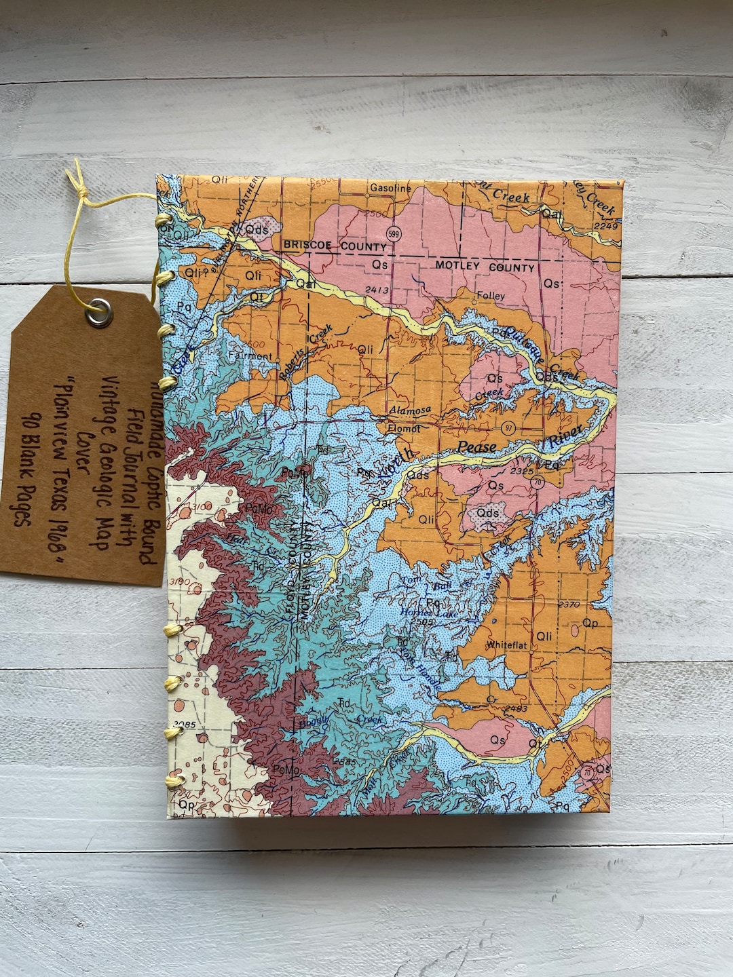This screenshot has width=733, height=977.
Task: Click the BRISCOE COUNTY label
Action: point(326,245)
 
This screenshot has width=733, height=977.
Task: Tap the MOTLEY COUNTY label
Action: point(485,268)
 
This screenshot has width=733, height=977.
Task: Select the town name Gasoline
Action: point(390,189)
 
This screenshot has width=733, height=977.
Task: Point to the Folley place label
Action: point(491,296)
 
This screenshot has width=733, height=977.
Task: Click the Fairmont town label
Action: point(250,356)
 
